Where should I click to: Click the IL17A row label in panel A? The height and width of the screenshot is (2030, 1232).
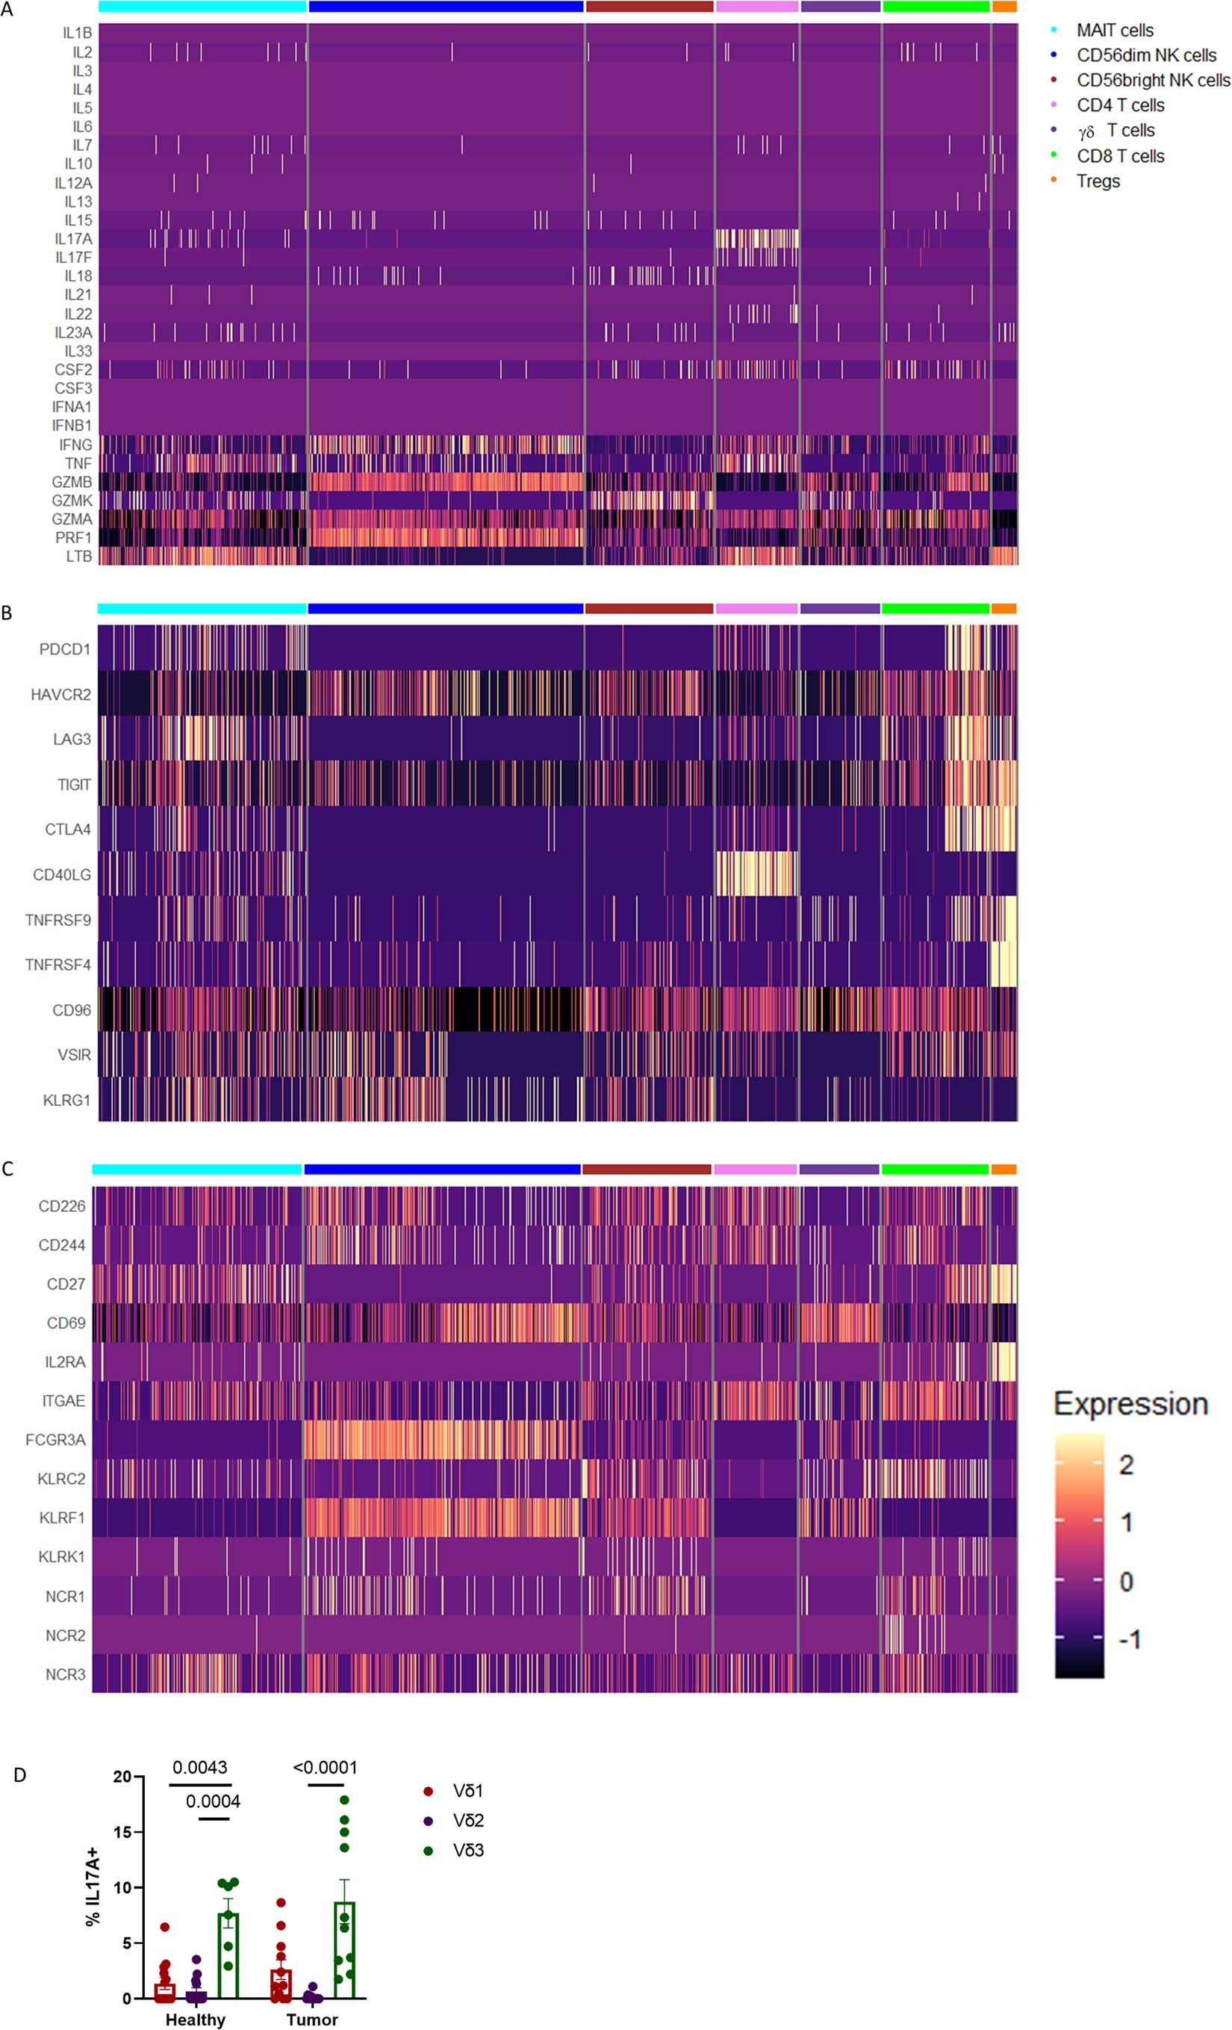tap(73, 239)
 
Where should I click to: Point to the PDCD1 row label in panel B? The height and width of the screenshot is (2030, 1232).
tap(65, 649)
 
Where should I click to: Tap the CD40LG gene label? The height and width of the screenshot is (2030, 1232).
tap(62, 875)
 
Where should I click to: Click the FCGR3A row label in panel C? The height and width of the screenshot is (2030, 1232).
tap(55, 1439)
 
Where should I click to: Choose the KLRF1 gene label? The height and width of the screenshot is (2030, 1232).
tap(62, 1517)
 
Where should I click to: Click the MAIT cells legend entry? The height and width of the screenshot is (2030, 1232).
tap(1114, 31)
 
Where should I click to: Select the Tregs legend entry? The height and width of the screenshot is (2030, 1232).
tap(1098, 182)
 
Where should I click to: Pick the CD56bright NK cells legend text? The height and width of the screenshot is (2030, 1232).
tap(1153, 81)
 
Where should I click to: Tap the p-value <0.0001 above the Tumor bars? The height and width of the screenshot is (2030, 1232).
tap(326, 1767)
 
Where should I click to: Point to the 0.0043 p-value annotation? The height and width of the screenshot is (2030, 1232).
tap(199, 1767)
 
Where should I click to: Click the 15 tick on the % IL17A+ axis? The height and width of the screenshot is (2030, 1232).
tap(122, 1832)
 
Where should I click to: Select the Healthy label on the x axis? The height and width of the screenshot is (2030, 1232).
tap(195, 2020)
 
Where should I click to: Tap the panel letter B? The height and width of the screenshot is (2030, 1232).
tap(7, 613)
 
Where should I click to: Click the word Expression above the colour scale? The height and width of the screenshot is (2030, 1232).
tap(1130, 1404)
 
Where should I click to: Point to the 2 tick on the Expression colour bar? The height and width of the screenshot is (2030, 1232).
tap(1126, 1466)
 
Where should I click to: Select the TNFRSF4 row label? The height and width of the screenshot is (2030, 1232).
tap(57, 965)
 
